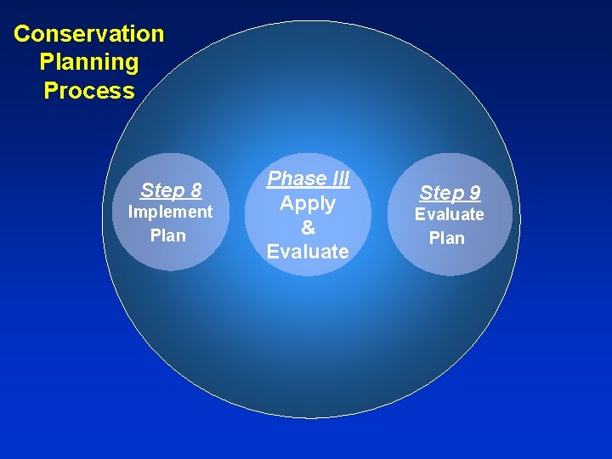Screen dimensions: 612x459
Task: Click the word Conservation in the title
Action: pyautogui.click(x=89, y=34)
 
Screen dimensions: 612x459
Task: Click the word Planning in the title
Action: pyautogui.click(x=89, y=62)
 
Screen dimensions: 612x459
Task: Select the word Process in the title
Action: pyautogui.click(x=89, y=91)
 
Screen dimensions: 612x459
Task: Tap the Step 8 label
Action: pyautogui.click(x=171, y=189)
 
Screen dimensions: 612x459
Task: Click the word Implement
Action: pyautogui.click(x=170, y=212)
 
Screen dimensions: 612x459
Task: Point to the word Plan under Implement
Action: pyautogui.click(x=167, y=235)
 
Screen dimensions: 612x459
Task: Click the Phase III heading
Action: pyautogui.click(x=309, y=178)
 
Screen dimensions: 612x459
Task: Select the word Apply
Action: pyautogui.click(x=308, y=203)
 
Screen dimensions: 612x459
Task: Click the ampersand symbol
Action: pyautogui.click(x=308, y=227)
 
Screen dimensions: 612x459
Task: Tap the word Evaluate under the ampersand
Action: pyautogui.click(x=308, y=252)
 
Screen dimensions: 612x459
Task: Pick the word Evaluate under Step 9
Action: pyautogui.click(x=449, y=214)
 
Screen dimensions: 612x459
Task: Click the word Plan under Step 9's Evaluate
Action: pyautogui.click(x=447, y=238)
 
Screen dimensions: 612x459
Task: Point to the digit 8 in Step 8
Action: pyautogui.click(x=195, y=189)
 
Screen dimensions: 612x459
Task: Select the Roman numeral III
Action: pyautogui.click(x=338, y=178)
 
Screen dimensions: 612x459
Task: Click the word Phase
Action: pyautogui.click(x=295, y=178)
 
